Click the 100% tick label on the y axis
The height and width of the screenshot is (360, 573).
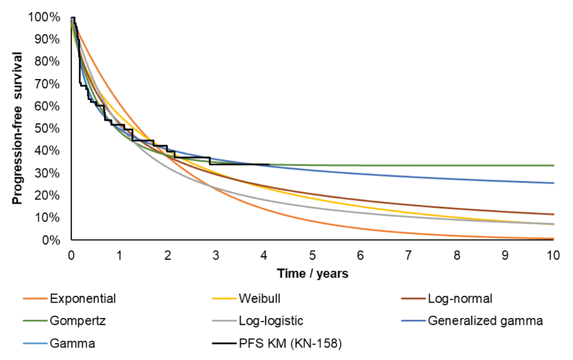44,17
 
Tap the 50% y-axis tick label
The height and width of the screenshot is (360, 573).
47,128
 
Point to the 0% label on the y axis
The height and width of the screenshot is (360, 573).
51,240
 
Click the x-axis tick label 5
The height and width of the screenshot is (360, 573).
312,255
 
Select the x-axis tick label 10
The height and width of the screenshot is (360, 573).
553,255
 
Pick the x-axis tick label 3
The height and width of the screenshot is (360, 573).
216,255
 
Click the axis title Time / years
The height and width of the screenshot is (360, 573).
312,273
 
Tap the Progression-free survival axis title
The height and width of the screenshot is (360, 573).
17,128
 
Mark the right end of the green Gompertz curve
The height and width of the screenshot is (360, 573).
553,165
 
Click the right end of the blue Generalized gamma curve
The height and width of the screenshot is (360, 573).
553,183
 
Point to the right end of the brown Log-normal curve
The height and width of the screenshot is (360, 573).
553,214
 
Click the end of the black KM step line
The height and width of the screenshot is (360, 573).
269,164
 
